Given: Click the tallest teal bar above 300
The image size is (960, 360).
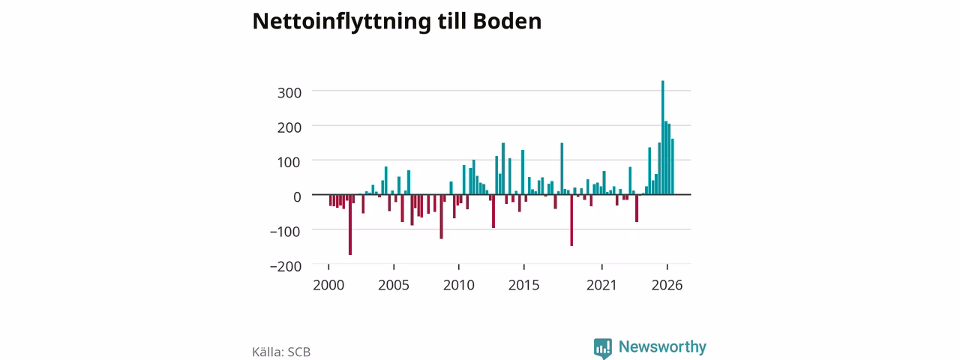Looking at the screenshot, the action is point(662,137).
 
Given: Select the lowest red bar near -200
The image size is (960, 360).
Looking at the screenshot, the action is point(350,224).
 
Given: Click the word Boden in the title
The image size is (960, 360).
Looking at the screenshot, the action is point(507,21).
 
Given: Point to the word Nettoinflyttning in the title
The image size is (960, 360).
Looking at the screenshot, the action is point(341,22).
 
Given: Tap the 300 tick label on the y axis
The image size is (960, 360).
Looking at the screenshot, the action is point(289,92).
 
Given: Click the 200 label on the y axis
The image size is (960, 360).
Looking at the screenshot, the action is point(289,127).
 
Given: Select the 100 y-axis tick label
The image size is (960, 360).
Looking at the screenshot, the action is point(289,162).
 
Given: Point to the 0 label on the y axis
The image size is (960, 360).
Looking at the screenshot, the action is point(297,196).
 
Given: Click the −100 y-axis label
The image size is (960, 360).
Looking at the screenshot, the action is point(286,232).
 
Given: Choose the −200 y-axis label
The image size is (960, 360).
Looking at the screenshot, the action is point(286,266).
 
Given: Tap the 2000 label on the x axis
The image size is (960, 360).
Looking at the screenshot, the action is point(328,285).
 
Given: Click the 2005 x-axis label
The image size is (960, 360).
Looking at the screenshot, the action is point(394,285).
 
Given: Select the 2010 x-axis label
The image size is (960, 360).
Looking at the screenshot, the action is point(459,285).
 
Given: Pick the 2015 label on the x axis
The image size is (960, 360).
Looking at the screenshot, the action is point(523,285).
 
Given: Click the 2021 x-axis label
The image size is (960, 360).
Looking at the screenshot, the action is point(601,285).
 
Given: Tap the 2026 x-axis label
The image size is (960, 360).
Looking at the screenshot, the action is point(667,285).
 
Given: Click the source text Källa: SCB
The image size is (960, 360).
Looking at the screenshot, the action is point(281,352).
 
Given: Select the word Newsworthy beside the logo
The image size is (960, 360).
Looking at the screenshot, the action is point(662,346).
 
